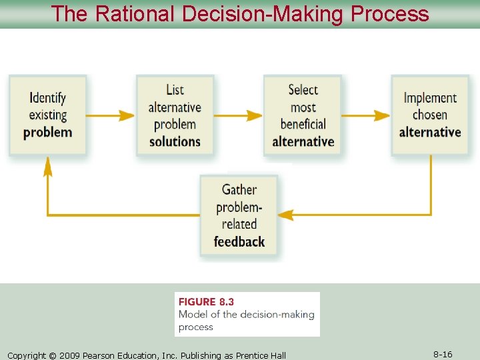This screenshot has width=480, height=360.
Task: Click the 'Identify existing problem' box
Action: pos(47,115)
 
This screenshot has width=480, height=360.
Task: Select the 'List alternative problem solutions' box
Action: pos(175,115)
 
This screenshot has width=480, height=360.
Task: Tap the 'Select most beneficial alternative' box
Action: pos(303,115)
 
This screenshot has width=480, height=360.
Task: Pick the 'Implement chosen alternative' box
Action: pos(430,115)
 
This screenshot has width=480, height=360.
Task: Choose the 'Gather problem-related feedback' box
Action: pos(239,215)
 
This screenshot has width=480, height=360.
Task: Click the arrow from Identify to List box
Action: pos(111,115)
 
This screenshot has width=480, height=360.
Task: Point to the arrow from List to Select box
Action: pos(238,115)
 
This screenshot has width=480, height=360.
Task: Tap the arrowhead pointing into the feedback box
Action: pos(285,215)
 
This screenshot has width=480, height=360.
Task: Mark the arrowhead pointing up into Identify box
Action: pos(47,167)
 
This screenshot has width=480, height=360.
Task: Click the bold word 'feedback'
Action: pos(239,241)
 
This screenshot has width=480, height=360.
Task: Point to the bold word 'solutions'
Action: pos(175,141)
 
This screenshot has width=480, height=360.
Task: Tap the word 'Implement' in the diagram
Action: pos(430,98)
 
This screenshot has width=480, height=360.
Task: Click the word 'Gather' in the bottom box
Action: pos(239,189)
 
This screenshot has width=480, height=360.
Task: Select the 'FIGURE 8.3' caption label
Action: pos(207,302)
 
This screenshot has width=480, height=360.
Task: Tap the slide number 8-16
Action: pos(443,355)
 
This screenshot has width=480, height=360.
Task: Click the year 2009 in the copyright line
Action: pos(70,355)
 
